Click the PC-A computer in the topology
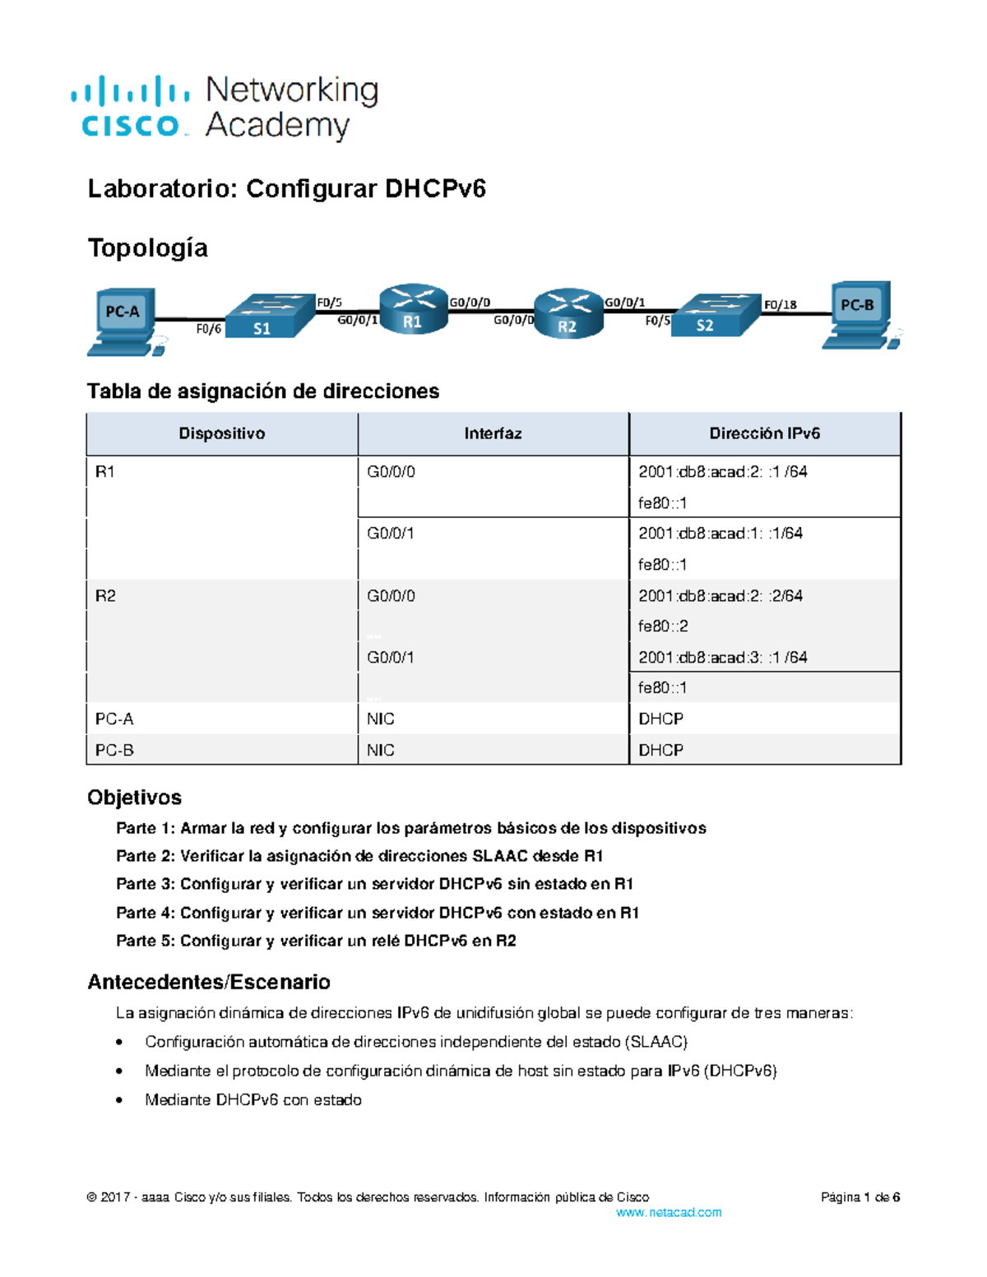pyautogui.click(x=123, y=321)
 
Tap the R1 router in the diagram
pyautogui.click(x=414, y=310)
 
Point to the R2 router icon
pyautogui.click(x=568, y=314)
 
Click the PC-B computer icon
pyautogui.click(x=859, y=315)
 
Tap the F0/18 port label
pyautogui.click(x=780, y=305)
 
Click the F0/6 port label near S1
pyautogui.click(x=208, y=329)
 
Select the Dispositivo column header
pyautogui.click(x=222, y=433)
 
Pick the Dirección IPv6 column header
pyautogui.click(x=764, y=433)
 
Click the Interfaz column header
pyautogui.click(x=493, y=433)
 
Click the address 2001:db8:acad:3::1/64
pyautogui.click(x=722, y=657)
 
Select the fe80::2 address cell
pyautogui.click(x=663, y=627)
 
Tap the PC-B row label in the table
pyautogui.click(x=114, y=750)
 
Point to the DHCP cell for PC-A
pyautogui.click(x=660, y=719)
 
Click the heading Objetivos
pyautogui.click(x=134, y=797)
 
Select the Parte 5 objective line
pyautogui.click(x=316, y=941)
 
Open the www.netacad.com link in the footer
pyautogui.click(x=668, y=1212)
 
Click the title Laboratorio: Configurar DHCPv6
pyautogui.click(x=286, y=189)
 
